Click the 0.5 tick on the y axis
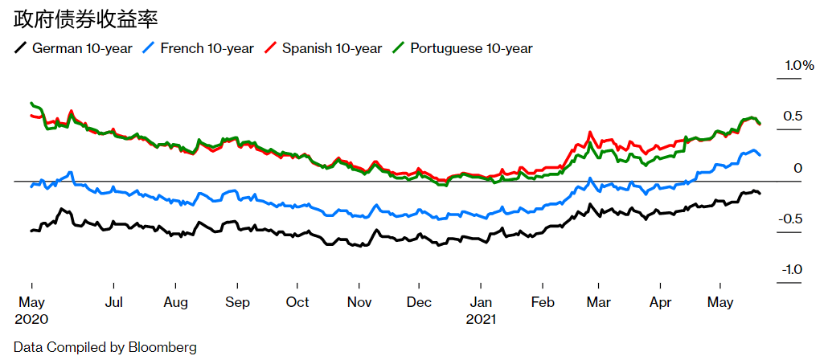pyautogui.click(x=793, y=117)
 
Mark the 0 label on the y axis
pyautogui.click(x=798, y=168)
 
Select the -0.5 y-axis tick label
pyautogui.click(x=791, y=219)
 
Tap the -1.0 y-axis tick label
pyautogui.click(x=791, y=270)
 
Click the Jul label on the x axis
pyautogui.click(x=113, y=302)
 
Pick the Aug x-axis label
pyautogui.click(x=175, y=302)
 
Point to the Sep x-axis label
pyautogui.click(x=237, y=302)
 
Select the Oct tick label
pyautogui.click(x=297, y=302)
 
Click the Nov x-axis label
pyautogui.click(x=359, y=302)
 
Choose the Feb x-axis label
pyautogui.click(x=543, y=302)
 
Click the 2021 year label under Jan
pyautogui.click(x=482, y=318)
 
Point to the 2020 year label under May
pyautogui.click(x=31, y=318)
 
